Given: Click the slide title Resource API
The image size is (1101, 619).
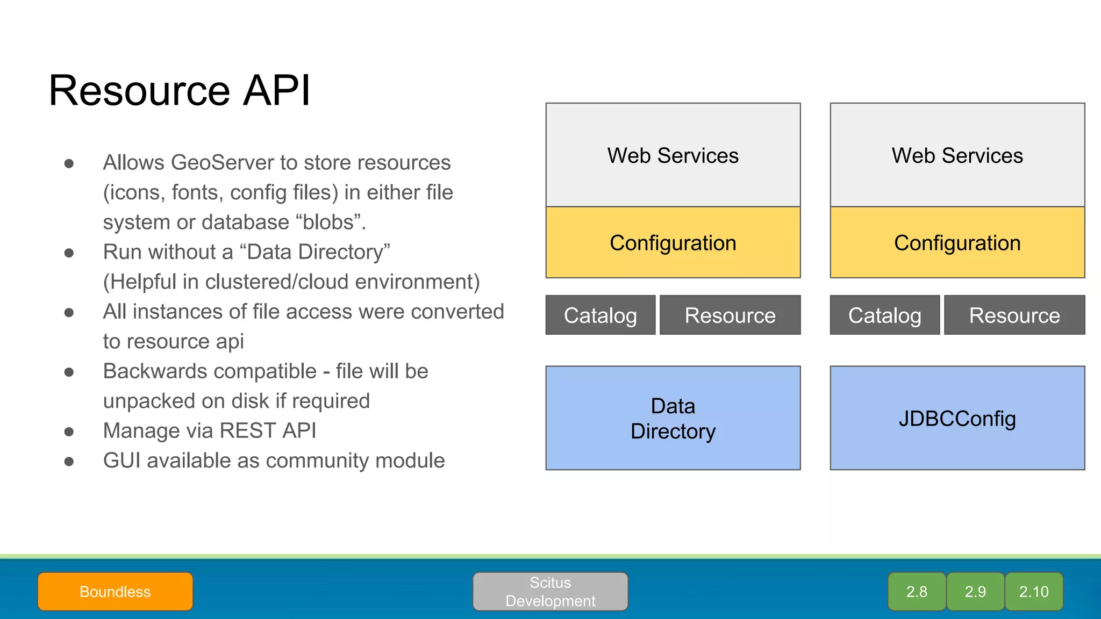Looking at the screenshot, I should pos(179,90).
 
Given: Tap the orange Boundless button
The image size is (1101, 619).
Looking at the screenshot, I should pos(115,592).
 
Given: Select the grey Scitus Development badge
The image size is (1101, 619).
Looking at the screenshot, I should pos(550,592).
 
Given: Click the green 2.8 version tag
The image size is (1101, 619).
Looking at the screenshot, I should pos(917,592).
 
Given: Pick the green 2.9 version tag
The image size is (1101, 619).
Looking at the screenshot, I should pos(975,592).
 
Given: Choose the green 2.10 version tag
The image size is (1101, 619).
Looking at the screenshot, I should pos(1034,592).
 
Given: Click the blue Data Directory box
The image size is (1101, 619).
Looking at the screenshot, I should pos(673,418).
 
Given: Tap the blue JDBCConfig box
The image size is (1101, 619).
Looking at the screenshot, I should pos(957,418).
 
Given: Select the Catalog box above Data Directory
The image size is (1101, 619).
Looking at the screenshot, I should pos(600,315).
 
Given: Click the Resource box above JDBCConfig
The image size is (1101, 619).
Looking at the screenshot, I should pos(1014,315).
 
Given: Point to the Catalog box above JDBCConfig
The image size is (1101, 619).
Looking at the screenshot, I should pos(884,315).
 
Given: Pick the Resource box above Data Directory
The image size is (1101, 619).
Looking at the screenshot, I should pos(730,315).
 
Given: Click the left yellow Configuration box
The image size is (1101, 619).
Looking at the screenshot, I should pos(673,243).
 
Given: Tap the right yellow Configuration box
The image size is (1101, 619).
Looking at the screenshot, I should pos(957,243).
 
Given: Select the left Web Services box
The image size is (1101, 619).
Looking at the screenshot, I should pos(673,155).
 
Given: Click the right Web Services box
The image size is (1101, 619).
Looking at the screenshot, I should pos(957,155).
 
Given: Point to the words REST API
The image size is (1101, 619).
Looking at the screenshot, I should pos(268,431).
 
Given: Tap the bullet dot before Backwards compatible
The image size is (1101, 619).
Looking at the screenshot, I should pos(69,372).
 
